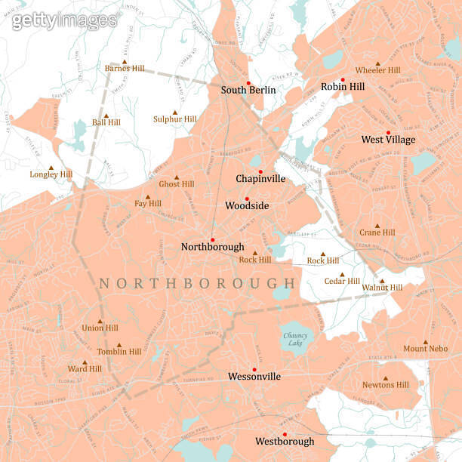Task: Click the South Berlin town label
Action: pyautogui.click(x=248, y=90)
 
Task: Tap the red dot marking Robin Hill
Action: pyautogui.click(x=343, y=79)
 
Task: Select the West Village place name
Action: pyautogui.click(x=388, y=140)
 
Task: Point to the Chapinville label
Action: pyautogui.click(x=260, y=179)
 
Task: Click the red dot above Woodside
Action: pyautogui.click(x=246, y=199)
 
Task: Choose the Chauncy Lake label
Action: pyautogui.click(x=294, y=339)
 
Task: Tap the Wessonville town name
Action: pyautogui.click(x=254, y=376)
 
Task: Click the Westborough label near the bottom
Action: pyautogui.click(x=285, y=441)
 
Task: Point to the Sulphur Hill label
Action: pyautogui.click(x=174, y=119)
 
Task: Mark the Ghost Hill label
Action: pyautogui.click(x=176, y=184)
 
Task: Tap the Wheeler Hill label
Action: pyautogui.click(x=377, y=70)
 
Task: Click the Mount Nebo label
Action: pyautogui.click(x=426, y=349)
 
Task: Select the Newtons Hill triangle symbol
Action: pyautogui.click(x=386, y=379)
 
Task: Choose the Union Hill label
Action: pyautogui.click(x=100, y=328)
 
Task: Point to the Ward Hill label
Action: pyautogui.click(x=85, y=369)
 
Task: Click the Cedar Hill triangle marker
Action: pyautogui.click(x=341, y=275)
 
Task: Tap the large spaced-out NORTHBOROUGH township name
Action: pyautogui.click(x=198, y=283)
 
